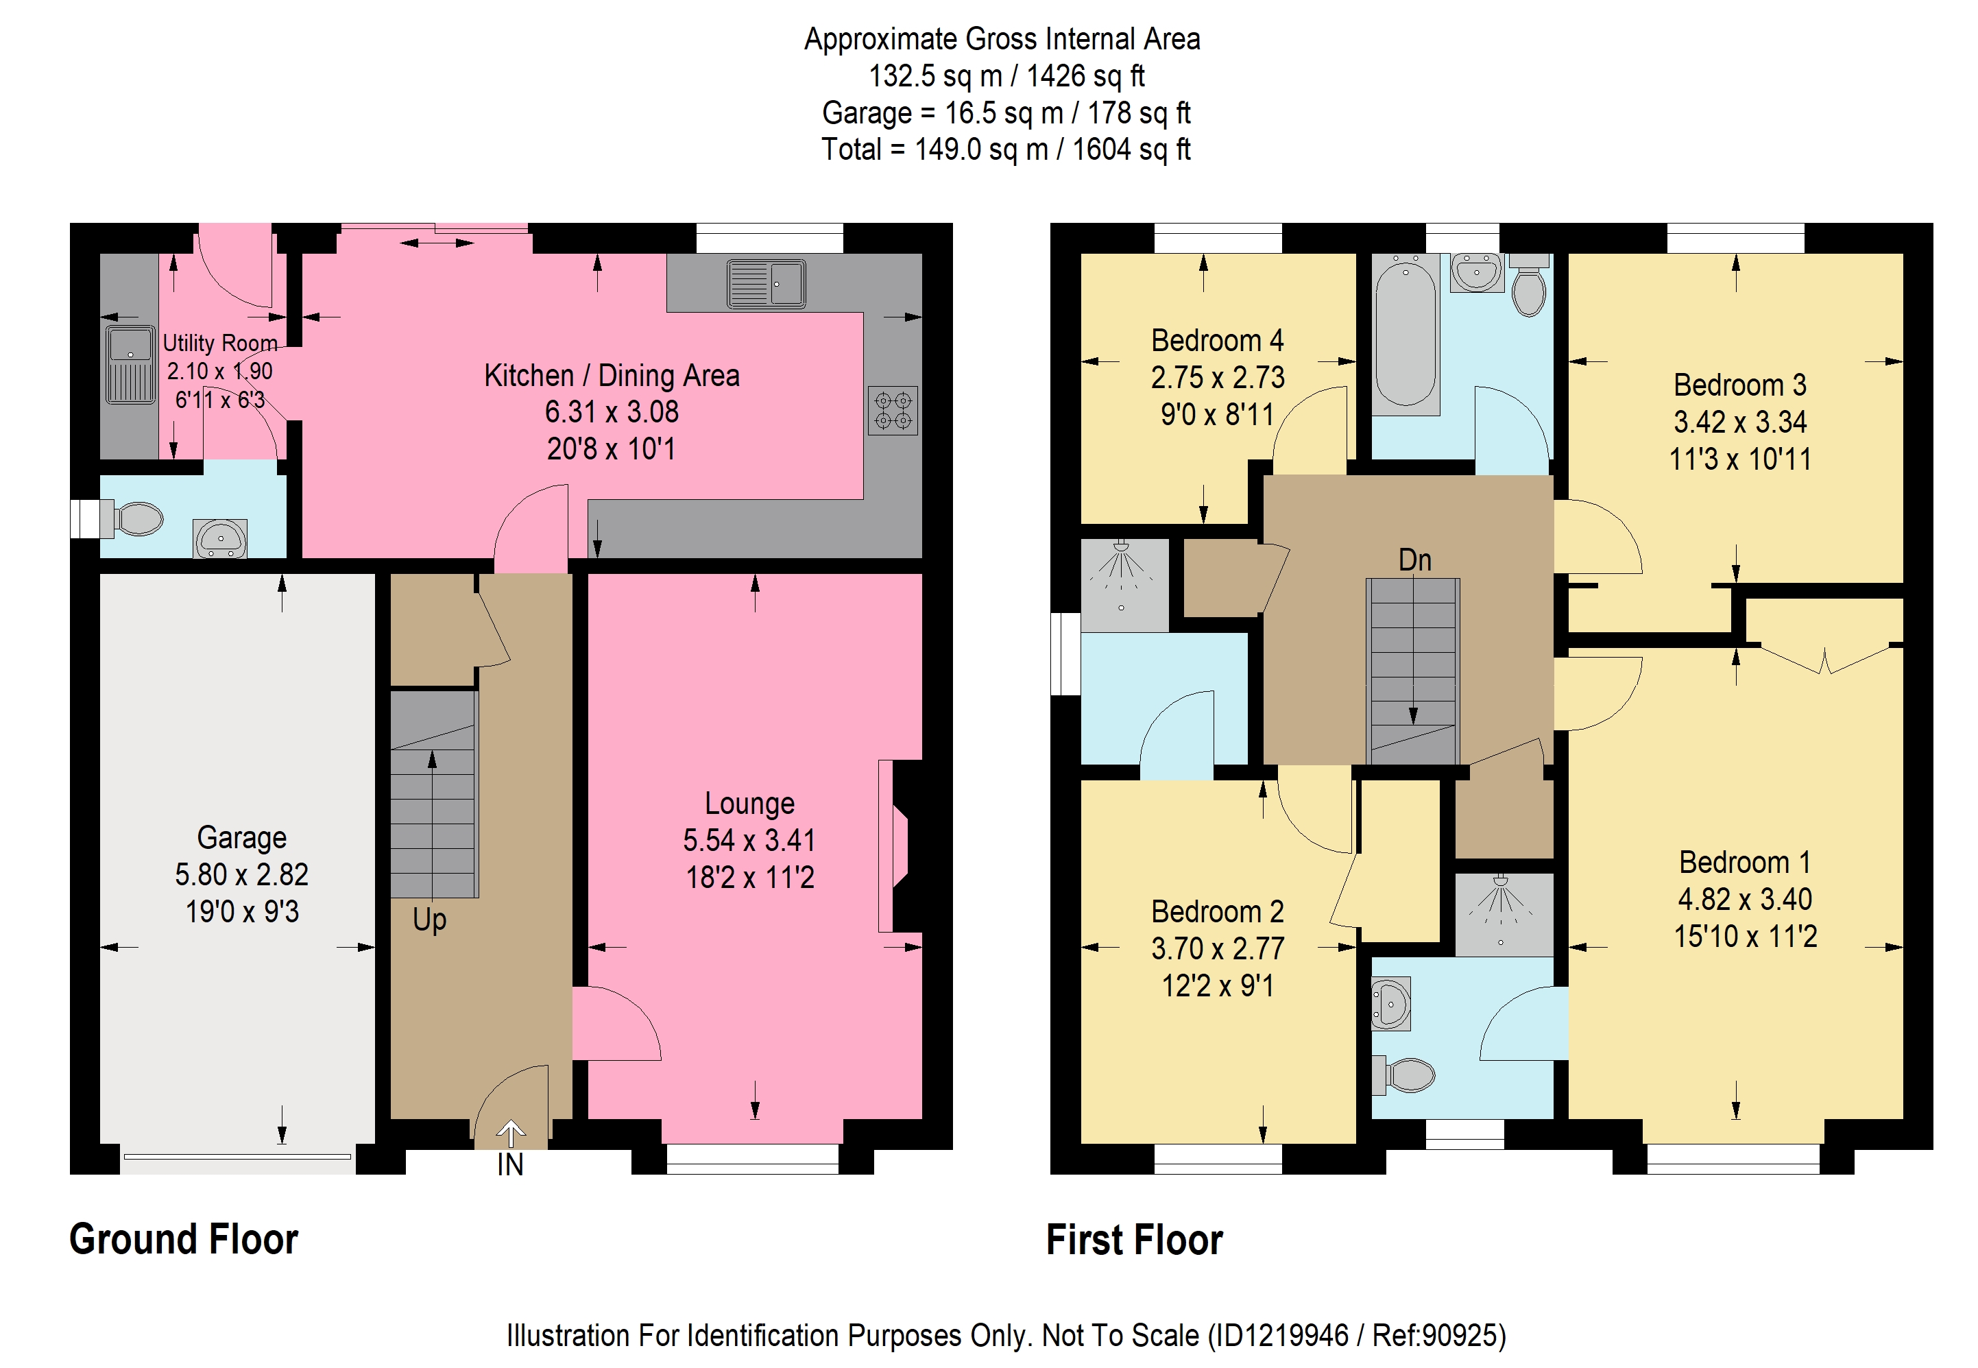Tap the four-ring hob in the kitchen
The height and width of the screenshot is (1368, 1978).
(x=892, y=411)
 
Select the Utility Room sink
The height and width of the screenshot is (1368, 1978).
(x=130, y=364)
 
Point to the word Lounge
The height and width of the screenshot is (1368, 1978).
(x=749, y=803)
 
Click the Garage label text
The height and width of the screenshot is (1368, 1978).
(x=241, y=837)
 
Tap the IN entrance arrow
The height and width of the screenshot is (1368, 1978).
(x=511, y=1134)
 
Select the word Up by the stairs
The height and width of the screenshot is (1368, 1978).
(x=429, y=920)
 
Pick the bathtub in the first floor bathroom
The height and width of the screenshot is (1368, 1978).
(x=1406, y=335)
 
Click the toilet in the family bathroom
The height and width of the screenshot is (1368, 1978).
(x=1529, y=285)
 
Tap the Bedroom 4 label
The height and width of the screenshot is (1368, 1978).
(x=1217, y=340)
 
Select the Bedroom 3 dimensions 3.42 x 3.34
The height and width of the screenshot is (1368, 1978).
(x=1740, y=422)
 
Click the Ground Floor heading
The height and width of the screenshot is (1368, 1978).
(x=184, y=1240)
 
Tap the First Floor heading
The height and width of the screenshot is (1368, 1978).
(x=1135, y=1240)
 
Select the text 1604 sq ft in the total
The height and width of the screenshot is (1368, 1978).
(x=1131, y=149)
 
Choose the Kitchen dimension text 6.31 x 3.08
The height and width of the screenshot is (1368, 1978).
(x=612, y=412)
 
